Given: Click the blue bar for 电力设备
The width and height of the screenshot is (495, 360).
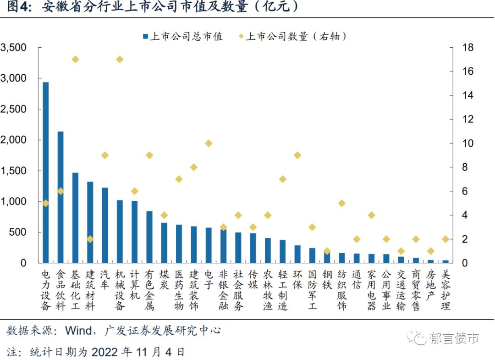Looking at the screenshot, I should [x=46, y=172].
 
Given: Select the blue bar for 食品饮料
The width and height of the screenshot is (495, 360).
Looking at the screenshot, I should [x=60, y=197].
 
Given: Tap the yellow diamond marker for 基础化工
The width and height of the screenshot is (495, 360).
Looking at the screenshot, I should [x=75, y=60].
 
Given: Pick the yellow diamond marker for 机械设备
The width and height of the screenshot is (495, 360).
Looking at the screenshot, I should [x=120, y=60].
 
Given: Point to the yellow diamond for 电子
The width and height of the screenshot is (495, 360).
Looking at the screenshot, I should [x=209, y=144].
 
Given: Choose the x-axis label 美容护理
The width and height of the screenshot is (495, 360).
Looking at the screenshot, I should [x=445, y=290].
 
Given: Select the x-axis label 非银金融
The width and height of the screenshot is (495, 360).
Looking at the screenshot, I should [x=223, y=290].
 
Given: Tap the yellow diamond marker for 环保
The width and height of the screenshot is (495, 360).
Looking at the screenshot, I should [x=297, y=155].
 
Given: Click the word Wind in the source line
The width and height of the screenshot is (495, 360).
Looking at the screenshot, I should [x=78, y=330].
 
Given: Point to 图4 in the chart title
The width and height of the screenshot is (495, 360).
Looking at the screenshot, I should [x=17, y=7].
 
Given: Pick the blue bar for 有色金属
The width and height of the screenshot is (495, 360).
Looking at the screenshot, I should [x=149, y=237].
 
